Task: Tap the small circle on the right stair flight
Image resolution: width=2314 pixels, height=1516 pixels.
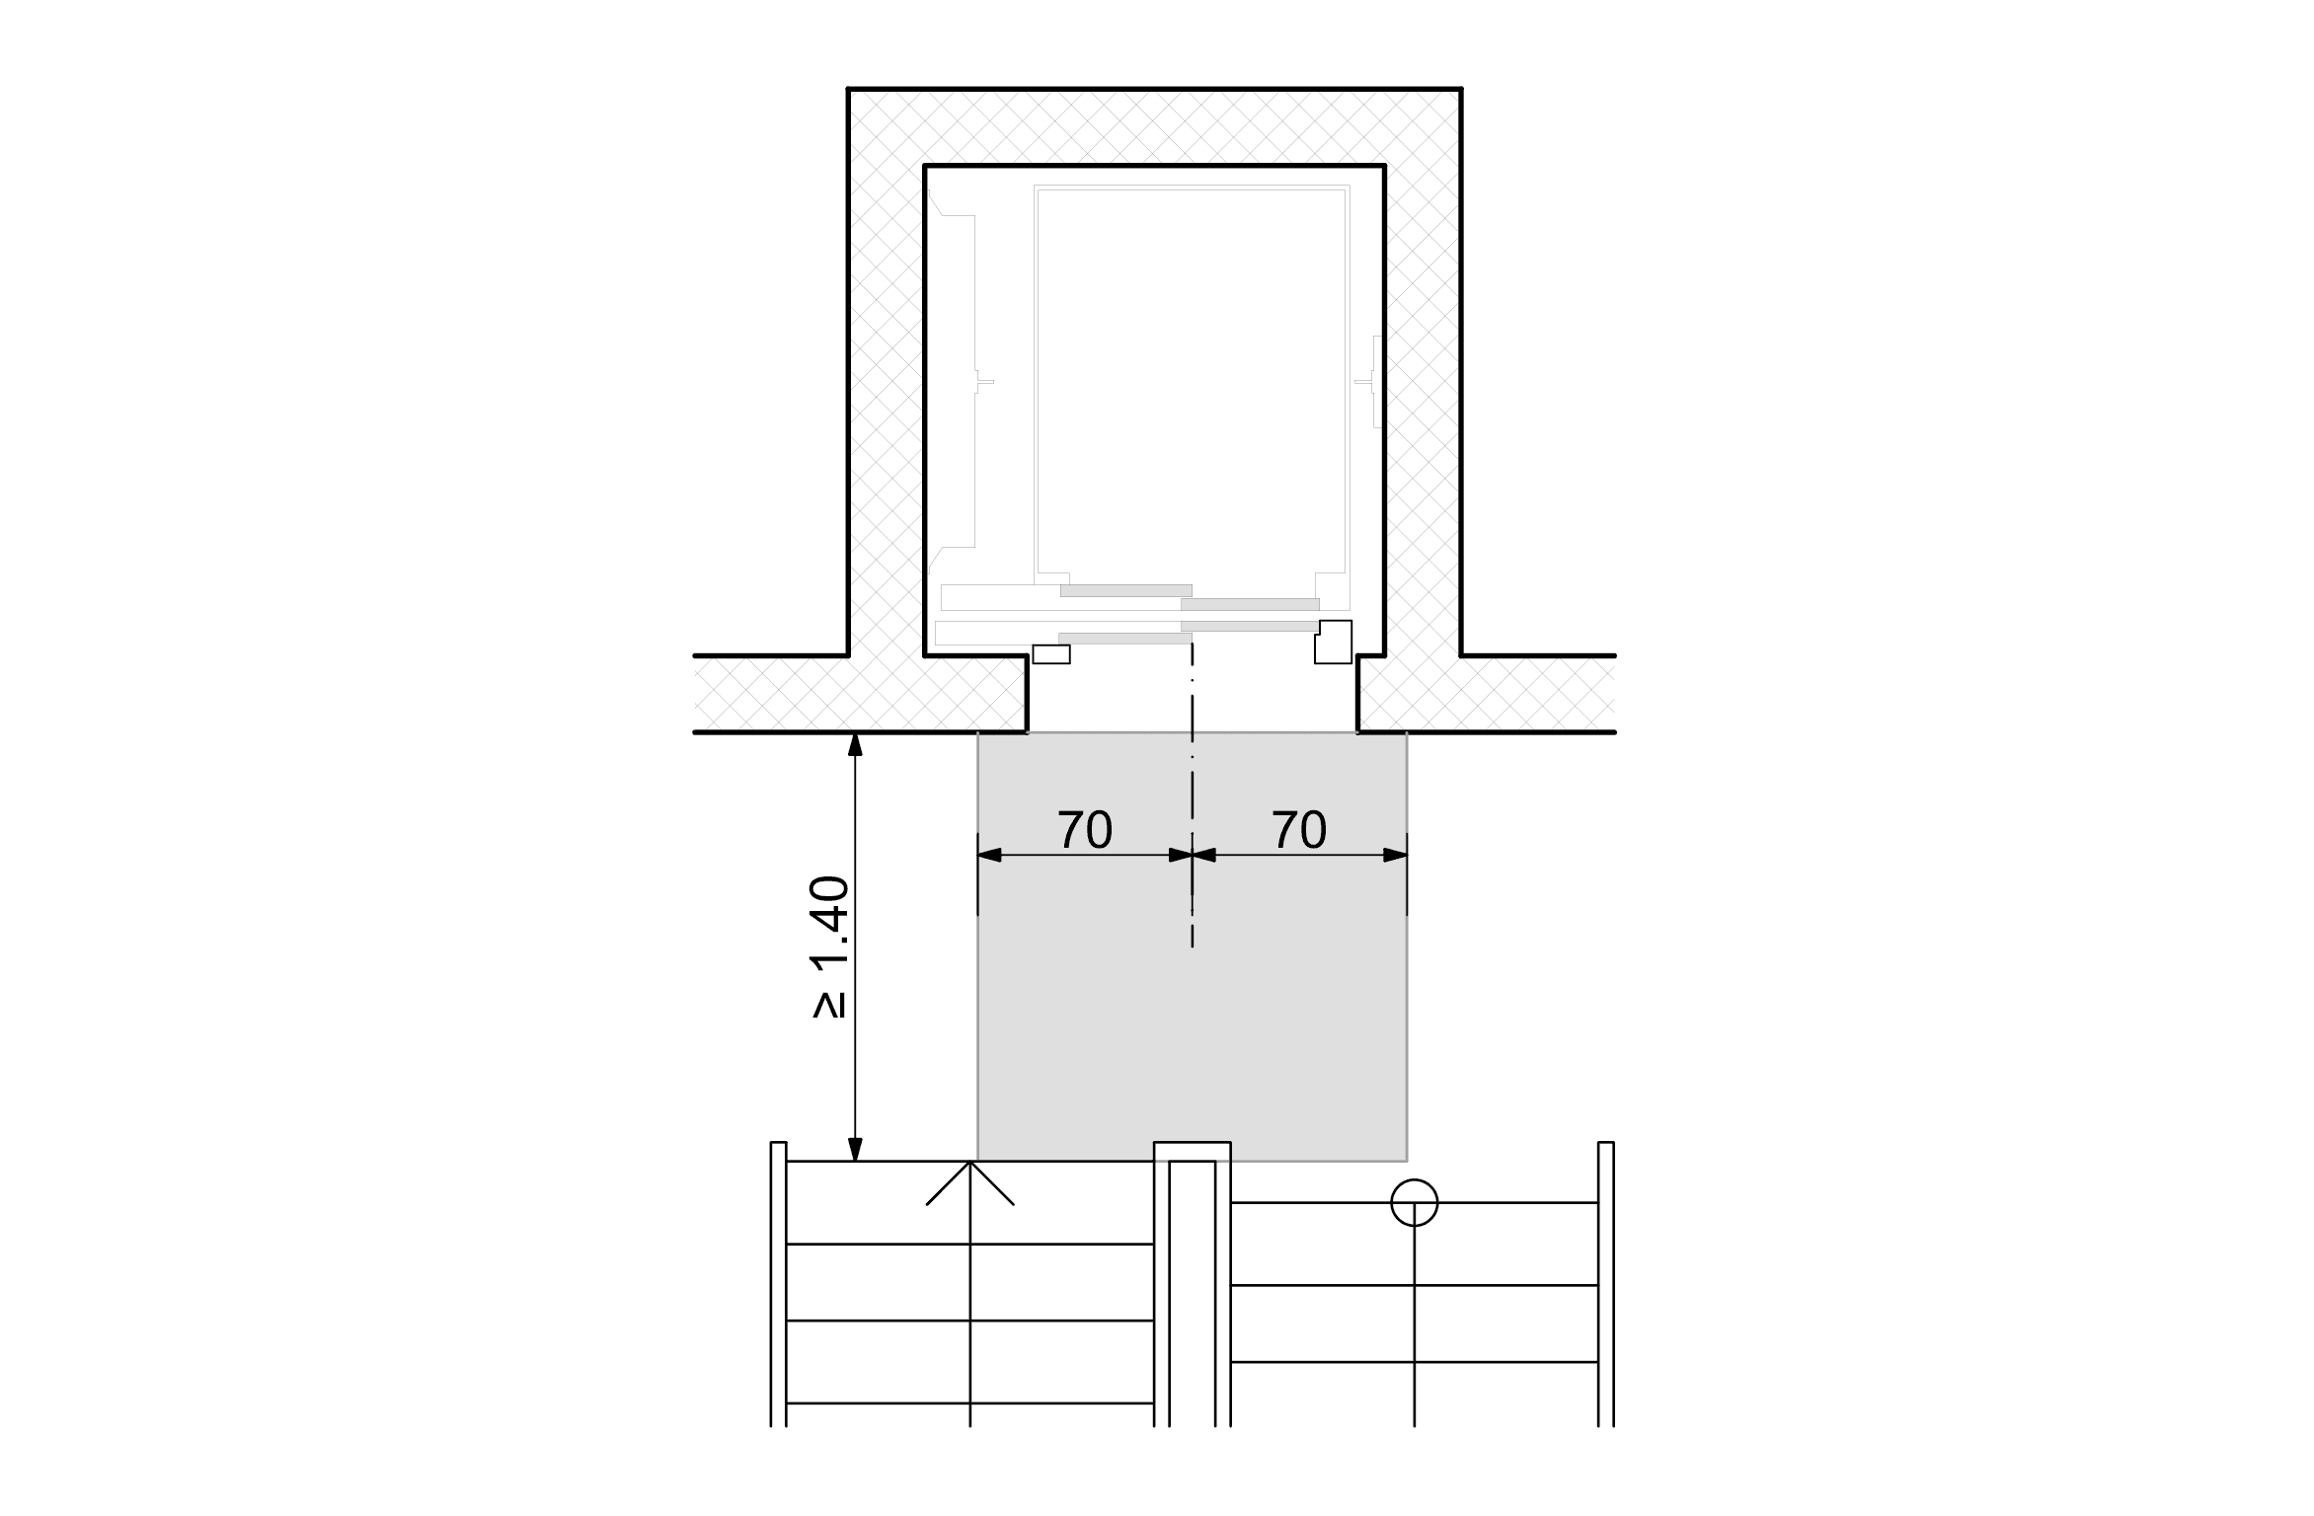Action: coord(1414,1202)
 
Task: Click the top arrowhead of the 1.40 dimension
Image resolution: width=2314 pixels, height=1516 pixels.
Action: coord(856,744)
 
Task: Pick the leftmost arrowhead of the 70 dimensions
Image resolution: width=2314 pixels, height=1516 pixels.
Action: coord(989,855)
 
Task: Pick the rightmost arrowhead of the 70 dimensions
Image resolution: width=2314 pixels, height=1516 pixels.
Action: coord(1395,855)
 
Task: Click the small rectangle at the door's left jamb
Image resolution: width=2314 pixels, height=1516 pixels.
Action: coord(1051,654)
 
